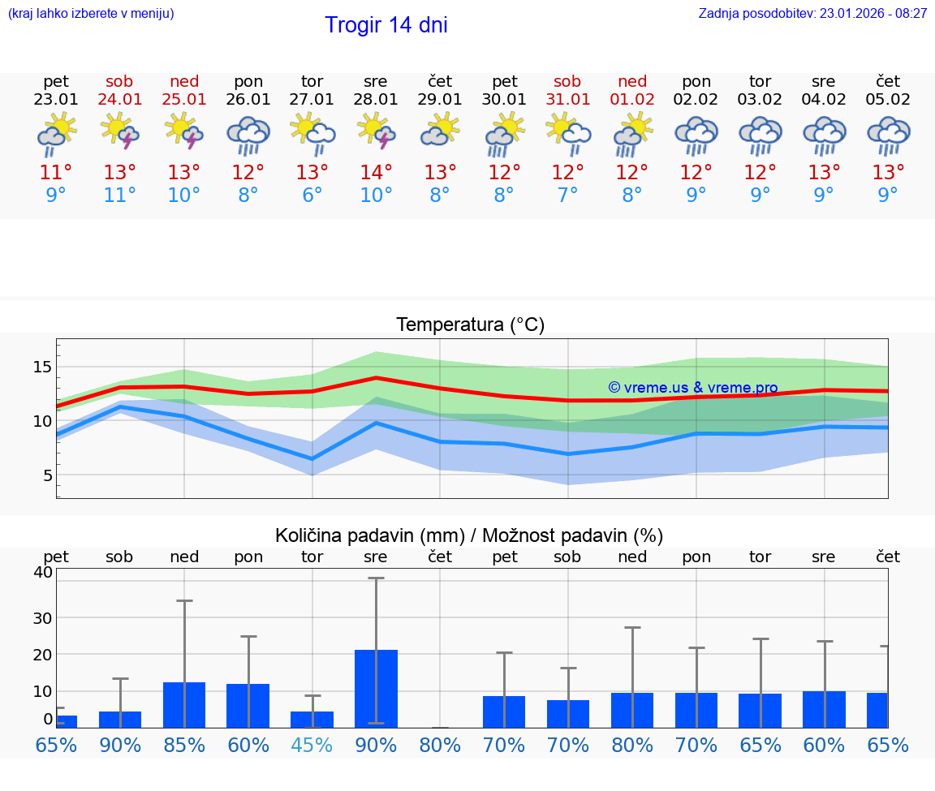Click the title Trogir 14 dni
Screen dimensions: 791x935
point(386,25)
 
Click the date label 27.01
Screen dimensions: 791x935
point(312,100)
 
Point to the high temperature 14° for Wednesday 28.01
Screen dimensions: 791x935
point(376,173)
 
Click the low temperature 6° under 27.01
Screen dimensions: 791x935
point(312,195)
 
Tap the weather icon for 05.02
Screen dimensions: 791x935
point(888,135)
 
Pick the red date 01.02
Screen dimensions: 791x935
point(632,100)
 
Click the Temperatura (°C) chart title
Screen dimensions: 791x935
point(470,325)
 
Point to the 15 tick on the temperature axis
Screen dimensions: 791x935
point(42,368)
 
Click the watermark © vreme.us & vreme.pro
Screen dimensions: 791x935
point(692,388)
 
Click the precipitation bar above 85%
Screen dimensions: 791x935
point(184,704)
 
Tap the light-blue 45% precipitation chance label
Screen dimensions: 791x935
point(312,745)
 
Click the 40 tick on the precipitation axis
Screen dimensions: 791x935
point(42,572)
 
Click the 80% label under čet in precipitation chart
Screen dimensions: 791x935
point(440,745)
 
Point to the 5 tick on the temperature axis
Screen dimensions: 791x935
point(48,475)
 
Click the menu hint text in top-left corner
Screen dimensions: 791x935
point(90,14)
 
